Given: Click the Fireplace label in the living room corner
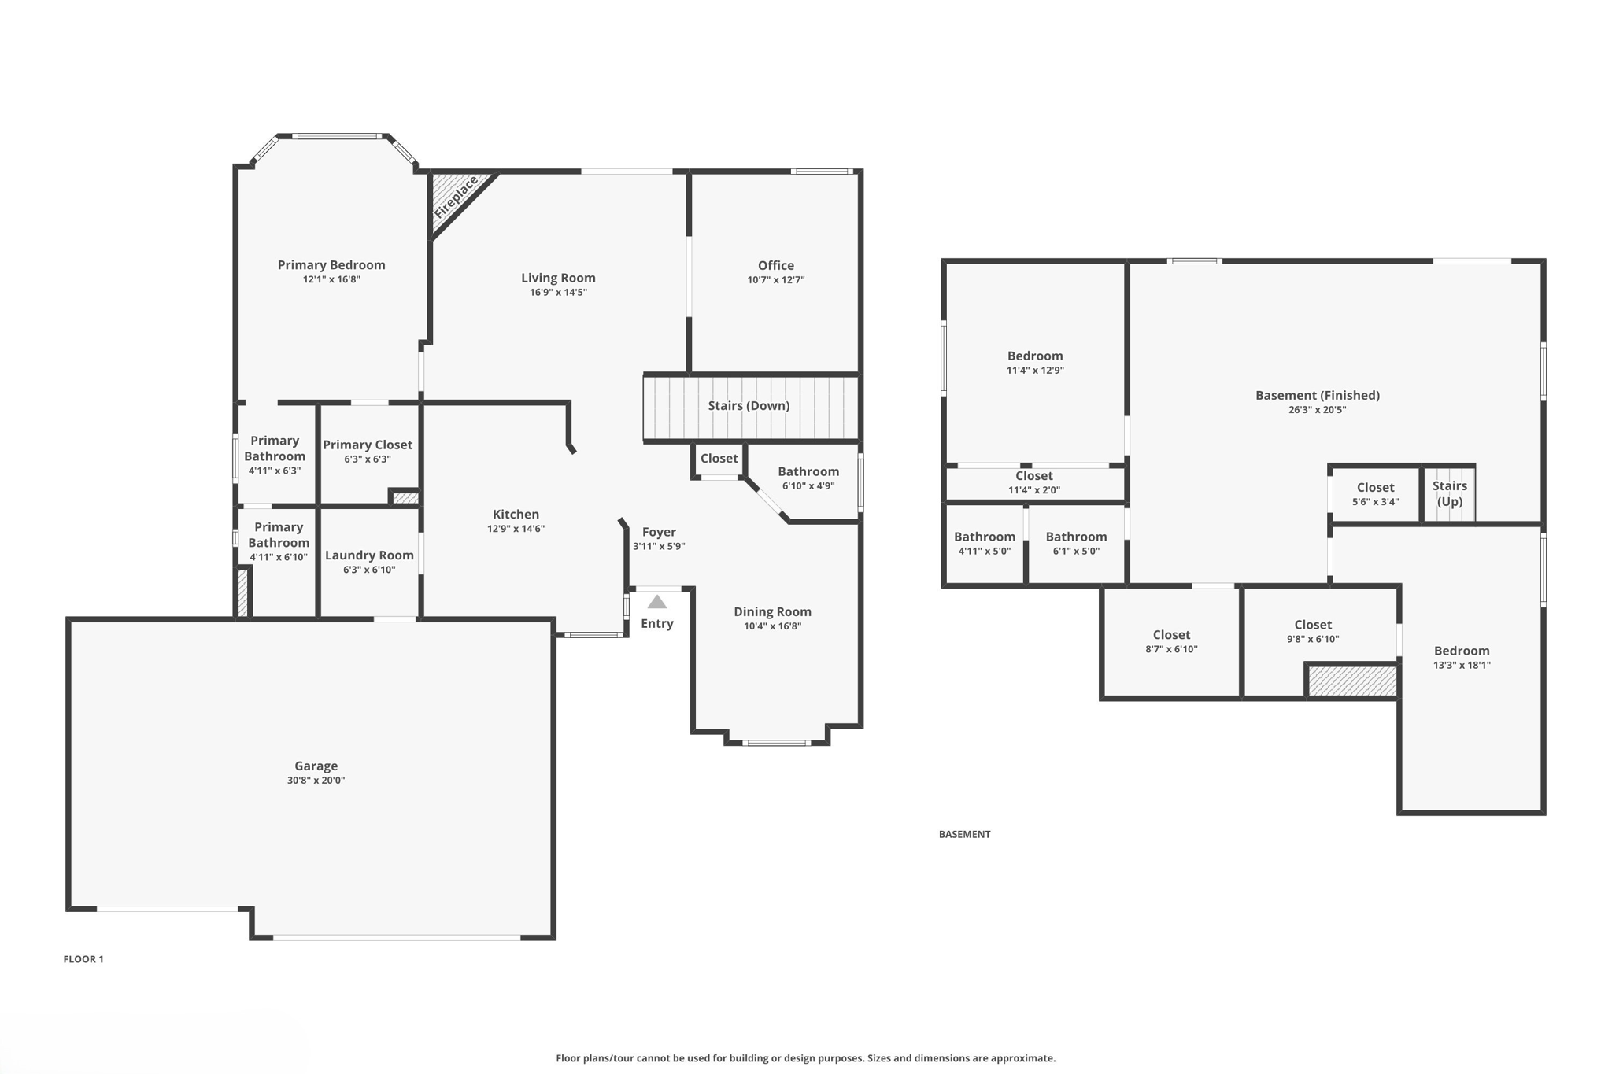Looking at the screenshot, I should [x=456, y=198].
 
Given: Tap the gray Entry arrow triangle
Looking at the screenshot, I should [x=657, y=603].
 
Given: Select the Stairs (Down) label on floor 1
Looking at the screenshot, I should [x=749, y=406].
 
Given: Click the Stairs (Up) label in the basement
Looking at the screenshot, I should [x=1449, y=494].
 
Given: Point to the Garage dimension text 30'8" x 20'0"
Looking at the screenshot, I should [x=316, y=781].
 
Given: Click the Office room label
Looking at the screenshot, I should [x=775, y=266].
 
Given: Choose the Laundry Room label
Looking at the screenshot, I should [x=369, y=555].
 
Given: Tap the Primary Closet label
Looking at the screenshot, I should [x=368, y=445].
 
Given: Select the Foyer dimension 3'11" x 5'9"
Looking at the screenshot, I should [x=659, y=546].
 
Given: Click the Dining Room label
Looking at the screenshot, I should [x=772, y=612].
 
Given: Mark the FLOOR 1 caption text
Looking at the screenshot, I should [x=83, y=959].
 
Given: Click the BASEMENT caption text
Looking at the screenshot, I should [x=964, y=834].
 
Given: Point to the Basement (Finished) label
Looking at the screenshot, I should [x=1317, y=396].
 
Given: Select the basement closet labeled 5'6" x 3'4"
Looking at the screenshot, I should [x=1375, y=494].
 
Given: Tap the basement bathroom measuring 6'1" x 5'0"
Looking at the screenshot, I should [x=1076, y=544].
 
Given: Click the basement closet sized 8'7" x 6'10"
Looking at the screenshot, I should [x=1171, y=641].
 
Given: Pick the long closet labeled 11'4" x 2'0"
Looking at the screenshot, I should [x=1033, y=482].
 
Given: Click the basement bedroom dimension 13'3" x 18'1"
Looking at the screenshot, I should [x=1462, y=665].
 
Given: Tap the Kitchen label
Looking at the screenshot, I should [x=516, y=515].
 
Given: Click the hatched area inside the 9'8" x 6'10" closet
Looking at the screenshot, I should [x=1352, y=681].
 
